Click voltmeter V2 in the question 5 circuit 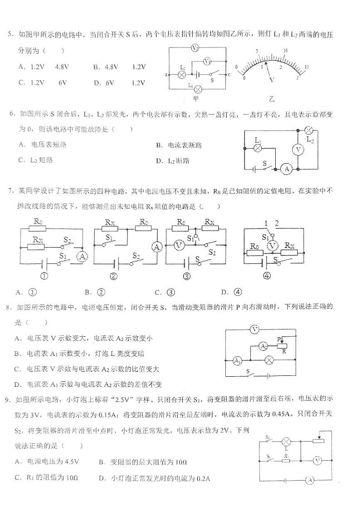[195, 48]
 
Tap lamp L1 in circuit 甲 [198, 89]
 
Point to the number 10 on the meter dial [286, 50]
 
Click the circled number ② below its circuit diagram [101, 277]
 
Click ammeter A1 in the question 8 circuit [236, 361]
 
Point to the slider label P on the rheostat [279, 339]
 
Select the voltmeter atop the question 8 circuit [255, 330]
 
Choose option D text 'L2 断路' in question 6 [178, 160]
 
